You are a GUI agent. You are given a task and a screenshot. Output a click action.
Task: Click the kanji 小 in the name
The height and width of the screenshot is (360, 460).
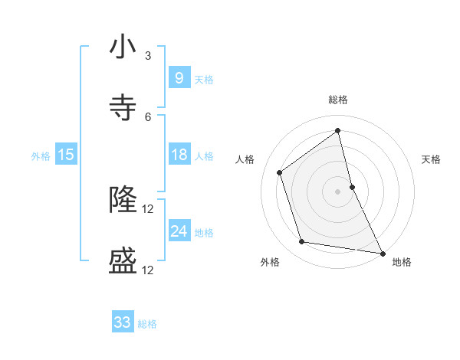click(x=123, y=47)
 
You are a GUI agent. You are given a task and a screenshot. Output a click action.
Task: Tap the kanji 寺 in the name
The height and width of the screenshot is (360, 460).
click(x=123, y=108)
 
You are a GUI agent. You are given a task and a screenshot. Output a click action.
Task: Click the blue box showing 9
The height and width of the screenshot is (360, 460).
click(x=179, y=77)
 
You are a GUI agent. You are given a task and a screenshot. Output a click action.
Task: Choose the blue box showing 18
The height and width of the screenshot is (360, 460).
click(x=179, y=155)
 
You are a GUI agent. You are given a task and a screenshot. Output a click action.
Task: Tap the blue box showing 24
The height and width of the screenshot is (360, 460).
click(x=179, y=231)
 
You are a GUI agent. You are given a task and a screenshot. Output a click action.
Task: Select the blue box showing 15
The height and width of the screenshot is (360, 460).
click(x=65, y=155)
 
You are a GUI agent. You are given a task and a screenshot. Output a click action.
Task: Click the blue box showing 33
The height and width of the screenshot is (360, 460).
click(x=123, y=322)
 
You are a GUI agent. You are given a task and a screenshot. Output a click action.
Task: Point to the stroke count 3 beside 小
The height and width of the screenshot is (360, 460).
click(x=148, y=56)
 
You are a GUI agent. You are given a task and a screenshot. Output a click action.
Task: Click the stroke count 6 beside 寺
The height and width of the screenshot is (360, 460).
click(x=148, y=116)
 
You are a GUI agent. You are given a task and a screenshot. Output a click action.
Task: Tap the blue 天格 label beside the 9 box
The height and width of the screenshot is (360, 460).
click(x=204, y=79)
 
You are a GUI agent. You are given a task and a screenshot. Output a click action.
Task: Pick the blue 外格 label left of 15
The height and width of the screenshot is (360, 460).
click(x=41, y=155)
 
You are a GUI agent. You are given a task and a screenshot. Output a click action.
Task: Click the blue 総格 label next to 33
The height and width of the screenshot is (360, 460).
click(x=147, y=324)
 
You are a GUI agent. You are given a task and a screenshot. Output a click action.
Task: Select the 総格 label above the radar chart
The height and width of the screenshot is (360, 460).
click(x=338, y=100)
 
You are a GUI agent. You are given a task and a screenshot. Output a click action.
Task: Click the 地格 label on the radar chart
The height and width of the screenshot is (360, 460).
click(x=402, y=262)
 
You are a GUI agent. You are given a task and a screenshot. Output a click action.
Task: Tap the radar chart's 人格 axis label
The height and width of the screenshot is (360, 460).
click(x=245, y=159)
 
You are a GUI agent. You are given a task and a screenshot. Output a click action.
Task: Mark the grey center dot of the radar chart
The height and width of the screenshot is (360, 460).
click(x=337, y=191)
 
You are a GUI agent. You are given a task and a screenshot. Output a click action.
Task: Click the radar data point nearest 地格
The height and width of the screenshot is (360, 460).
click(x=381, y=252)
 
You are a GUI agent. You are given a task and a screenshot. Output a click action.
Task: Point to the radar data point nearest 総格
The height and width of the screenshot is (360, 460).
click(x=337, y=130)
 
